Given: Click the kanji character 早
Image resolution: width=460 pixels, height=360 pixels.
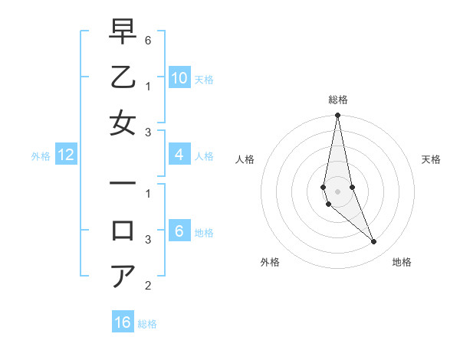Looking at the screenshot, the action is pyautogui.click(x=123, y=31).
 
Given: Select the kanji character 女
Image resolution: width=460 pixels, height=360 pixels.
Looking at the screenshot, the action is pyautogui.click(x=123, y=123).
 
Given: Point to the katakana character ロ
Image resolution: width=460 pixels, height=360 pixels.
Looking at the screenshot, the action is pyautogui.click(x=123, y=230).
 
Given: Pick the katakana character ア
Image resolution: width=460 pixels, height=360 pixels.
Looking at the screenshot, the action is pyautogui.click(x=123, y=276).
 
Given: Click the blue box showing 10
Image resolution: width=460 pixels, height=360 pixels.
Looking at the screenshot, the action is pyautogui.click(x=179, y=78).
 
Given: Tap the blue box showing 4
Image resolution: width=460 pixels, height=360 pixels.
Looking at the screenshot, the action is pyautogui.click(x=179, y=155).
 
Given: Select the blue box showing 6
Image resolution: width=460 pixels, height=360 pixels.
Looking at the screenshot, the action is pyautogui.click(x=179, y=231).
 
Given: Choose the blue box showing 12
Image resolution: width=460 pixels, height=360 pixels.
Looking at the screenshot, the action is pyautogui.click(x=66, y=155).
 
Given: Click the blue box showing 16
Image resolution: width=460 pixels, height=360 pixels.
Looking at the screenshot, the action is pyautogui.click(x=123, y=322).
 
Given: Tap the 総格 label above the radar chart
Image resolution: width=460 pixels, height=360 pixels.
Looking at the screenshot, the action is pyautogui.click(x=337, y=99).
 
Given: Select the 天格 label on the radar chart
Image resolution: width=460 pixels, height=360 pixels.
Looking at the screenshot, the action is pyautogui.click(x=431, y=159).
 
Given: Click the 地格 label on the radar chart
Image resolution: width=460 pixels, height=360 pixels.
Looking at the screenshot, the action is pyautogui.click(x=402, y=262).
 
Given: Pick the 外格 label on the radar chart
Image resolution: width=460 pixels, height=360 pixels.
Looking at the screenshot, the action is pyautogui.click(x=270, y=262).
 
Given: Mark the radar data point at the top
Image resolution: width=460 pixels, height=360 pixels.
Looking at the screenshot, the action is pyautogui.click(x=337, y=116).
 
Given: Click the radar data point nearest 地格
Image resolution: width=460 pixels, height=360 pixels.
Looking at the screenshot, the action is pyautogui.click(x=374, y=242).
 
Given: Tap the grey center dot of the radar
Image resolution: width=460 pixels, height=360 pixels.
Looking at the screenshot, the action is pyautogui.click(x=337, y=191).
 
